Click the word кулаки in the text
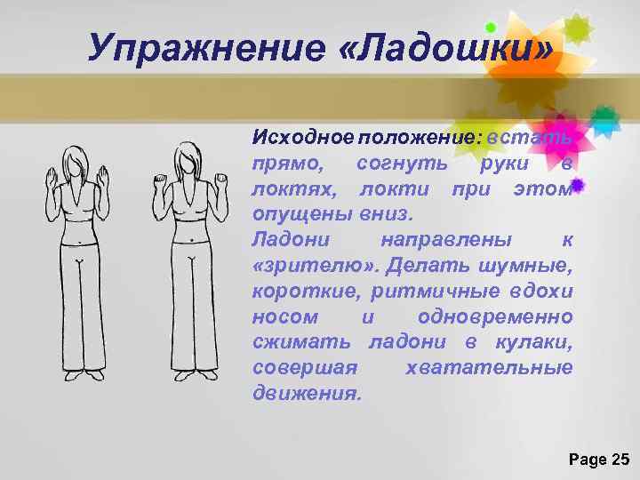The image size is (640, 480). pos(536,342)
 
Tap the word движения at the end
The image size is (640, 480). pos(306,394)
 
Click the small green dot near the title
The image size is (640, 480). pos(490,27)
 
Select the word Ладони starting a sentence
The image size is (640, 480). pos(284,240)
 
